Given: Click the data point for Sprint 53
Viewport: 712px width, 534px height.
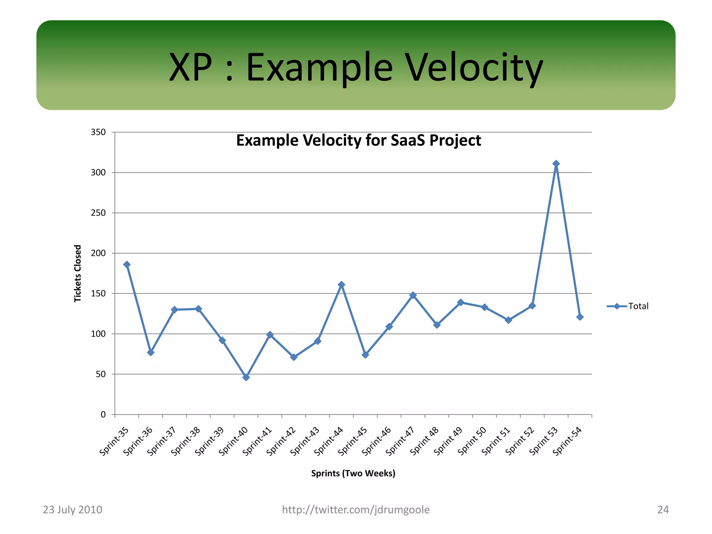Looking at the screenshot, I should (556, 163).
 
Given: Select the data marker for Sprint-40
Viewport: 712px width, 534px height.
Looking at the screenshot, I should (246, 377).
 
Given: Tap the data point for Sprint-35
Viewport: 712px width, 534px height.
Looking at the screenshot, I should (127, 265).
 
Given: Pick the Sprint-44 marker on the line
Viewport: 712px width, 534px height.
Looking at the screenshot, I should (341, 285).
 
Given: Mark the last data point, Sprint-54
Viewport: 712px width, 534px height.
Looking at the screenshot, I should (580, 317).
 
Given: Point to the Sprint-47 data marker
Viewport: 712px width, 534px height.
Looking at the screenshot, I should (413, 295).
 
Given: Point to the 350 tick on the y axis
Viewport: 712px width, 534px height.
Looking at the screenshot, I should (98, 132).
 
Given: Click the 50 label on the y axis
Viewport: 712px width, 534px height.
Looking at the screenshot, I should (100, 374).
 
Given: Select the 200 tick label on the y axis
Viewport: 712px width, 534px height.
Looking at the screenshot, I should (98, 253).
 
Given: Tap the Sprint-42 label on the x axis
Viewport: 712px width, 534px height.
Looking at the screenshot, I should (281, 441).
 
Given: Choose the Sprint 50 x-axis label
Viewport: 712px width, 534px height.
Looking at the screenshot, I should (472, 441).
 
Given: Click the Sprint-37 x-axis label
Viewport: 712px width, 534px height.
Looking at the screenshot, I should (162, 441).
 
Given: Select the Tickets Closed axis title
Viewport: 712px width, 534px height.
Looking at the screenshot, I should (78, 274).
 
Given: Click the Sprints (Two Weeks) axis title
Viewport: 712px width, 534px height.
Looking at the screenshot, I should (353, 474).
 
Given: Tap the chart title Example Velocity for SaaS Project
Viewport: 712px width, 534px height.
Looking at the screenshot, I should (358, 141).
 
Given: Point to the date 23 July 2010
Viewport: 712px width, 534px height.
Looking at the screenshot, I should (72, 510).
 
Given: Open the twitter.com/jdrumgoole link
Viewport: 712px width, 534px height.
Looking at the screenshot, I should (356, 510).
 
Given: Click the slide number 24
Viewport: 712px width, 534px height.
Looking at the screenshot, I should (663, 510).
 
